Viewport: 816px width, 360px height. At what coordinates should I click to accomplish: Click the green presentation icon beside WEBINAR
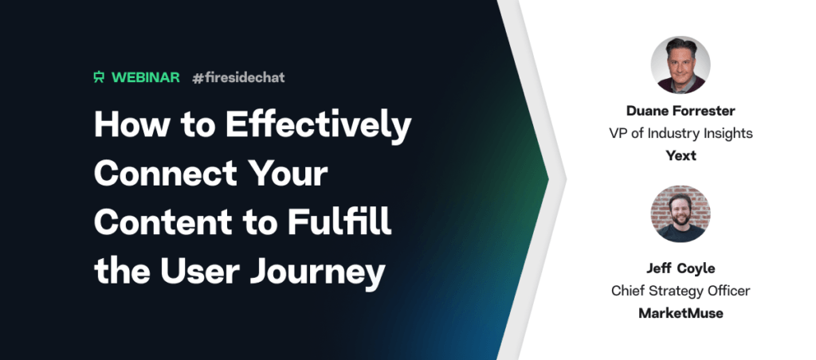(99, 77)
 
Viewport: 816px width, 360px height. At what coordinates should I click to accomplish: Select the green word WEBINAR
(146, 77)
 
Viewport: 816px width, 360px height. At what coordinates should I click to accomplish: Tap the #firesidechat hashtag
(238, 77)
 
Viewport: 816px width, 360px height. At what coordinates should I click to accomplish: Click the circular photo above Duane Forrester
(681, 65)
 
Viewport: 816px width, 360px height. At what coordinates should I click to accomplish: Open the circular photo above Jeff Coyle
(681, 213)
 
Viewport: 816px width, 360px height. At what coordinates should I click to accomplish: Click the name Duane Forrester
(681, 111)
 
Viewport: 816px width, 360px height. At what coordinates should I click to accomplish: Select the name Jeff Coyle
(681, 269)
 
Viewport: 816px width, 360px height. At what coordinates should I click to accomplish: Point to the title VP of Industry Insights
(681, 133)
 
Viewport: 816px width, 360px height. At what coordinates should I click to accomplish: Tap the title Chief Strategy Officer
(681, 291)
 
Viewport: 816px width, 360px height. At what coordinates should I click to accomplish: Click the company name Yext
(681, 155)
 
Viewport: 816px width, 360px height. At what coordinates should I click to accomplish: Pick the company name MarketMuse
(681, 313)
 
